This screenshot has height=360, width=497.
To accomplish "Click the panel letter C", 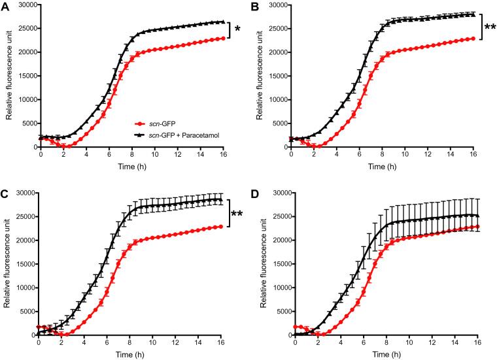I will pyautogui.click(x=8, y=194).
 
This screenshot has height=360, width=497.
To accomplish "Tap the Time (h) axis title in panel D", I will pyautogui.click(x=388, y=354).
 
